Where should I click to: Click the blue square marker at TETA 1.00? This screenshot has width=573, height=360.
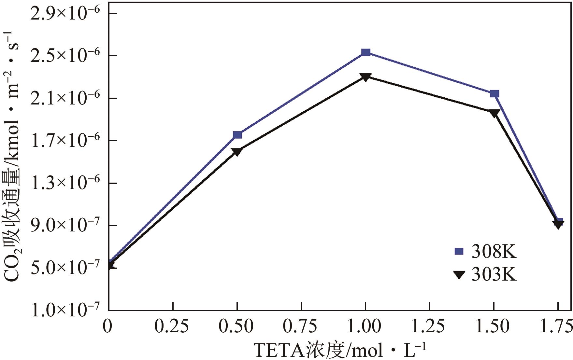(x=365, y=52)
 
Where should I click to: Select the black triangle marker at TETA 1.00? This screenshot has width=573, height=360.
(x=365, y=77)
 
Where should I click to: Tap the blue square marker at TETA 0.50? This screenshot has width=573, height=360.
(x=237, y=135)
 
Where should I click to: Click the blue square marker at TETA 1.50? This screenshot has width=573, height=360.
(x=494, y=94)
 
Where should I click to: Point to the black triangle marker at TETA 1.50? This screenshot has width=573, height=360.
(x=494, y=113)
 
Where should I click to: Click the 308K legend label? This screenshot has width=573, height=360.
(x=494, y=252)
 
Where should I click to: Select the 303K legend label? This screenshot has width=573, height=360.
(x=494, y=274)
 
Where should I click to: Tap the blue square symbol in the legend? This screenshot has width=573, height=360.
(x=459, y=251)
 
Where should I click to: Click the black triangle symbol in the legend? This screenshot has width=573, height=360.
(x=459, y=275)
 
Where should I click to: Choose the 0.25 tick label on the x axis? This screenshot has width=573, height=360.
(x=172, y=326)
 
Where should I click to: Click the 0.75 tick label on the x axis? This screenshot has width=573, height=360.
(x=300, y=326)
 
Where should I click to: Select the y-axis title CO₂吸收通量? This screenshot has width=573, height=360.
(x=12, y=156)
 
